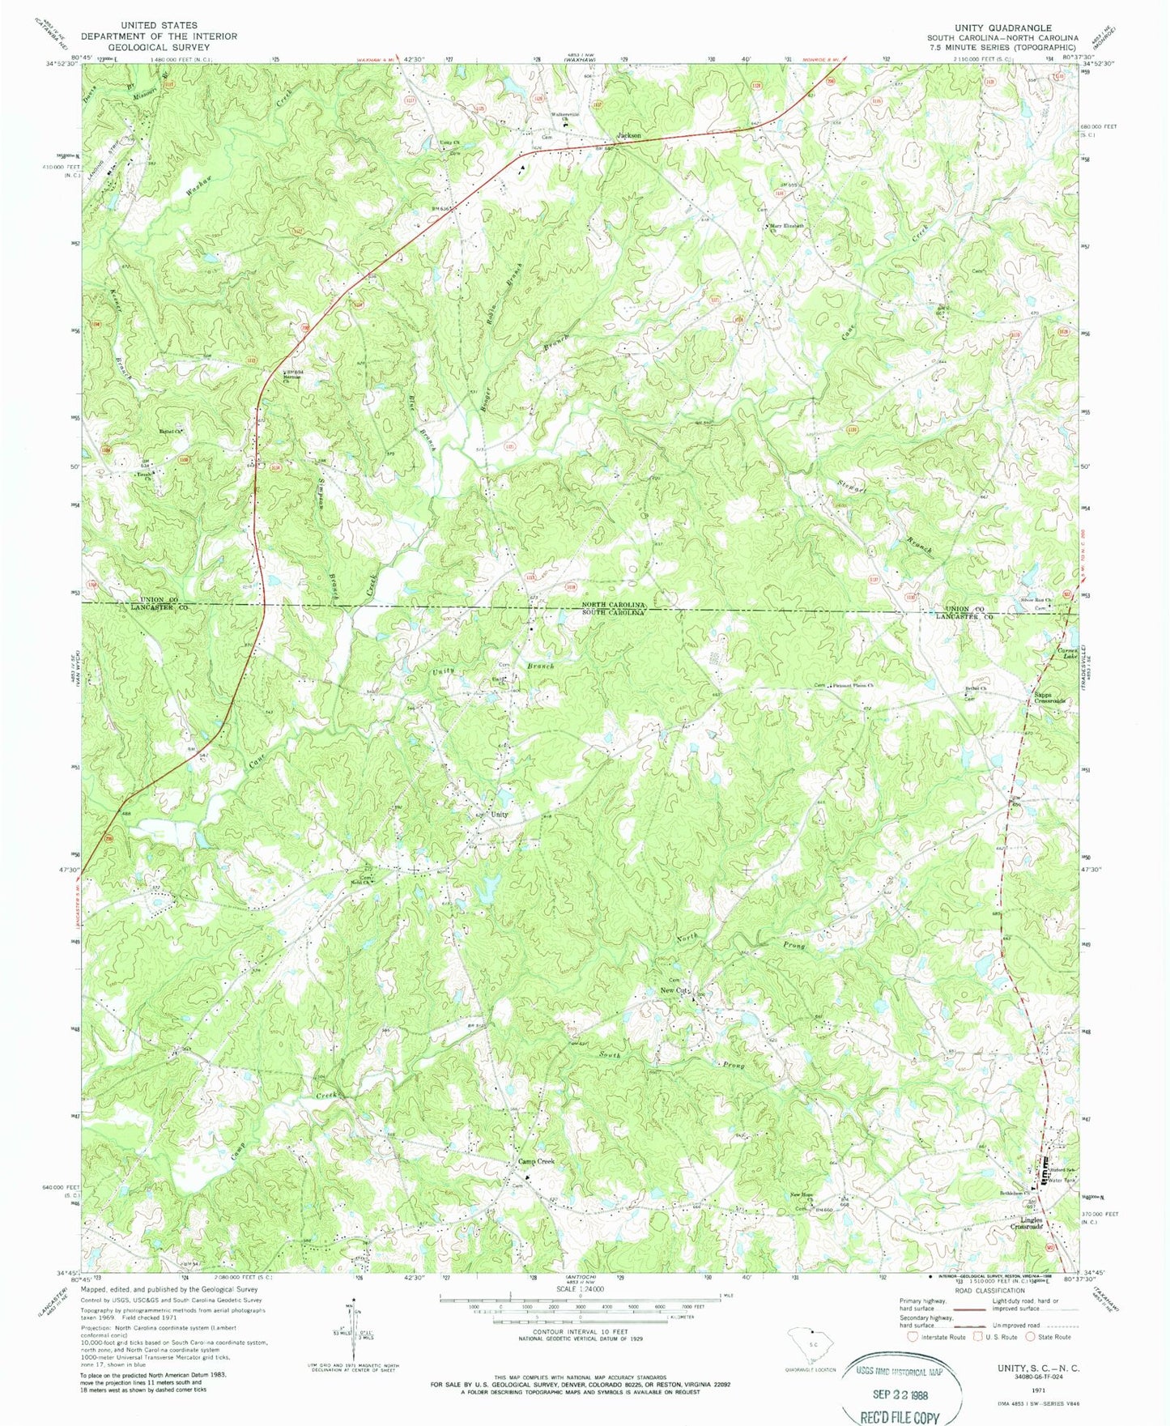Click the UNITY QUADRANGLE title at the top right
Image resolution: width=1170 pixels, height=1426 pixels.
click(1002, 28)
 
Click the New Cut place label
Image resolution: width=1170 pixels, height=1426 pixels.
click(673, 990)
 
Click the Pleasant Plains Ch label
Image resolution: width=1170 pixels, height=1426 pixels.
click(850, 685)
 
